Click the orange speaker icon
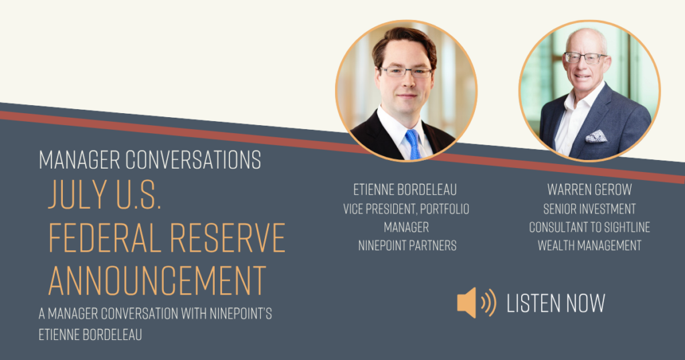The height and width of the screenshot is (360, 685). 476,302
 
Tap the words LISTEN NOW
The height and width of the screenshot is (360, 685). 556,303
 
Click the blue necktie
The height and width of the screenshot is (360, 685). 413,144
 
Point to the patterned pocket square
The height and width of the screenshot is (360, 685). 596,137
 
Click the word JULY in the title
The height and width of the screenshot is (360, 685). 78,194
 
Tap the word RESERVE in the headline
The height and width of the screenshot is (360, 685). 227,238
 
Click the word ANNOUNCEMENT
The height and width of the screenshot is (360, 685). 157,280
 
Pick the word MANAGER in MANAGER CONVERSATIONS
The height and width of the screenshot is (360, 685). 79,160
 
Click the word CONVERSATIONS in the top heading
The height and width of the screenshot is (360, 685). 193,160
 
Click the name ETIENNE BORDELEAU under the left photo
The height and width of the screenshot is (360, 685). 405,189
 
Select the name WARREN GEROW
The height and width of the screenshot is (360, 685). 589,189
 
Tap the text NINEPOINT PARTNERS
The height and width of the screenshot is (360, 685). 407,246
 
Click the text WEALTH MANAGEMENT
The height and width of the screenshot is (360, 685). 589,246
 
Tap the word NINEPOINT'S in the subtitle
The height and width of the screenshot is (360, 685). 241,314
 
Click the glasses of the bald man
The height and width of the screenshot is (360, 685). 585,58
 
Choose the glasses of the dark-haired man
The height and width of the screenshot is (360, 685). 406,72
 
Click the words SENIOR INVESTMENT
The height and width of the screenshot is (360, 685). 589,209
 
